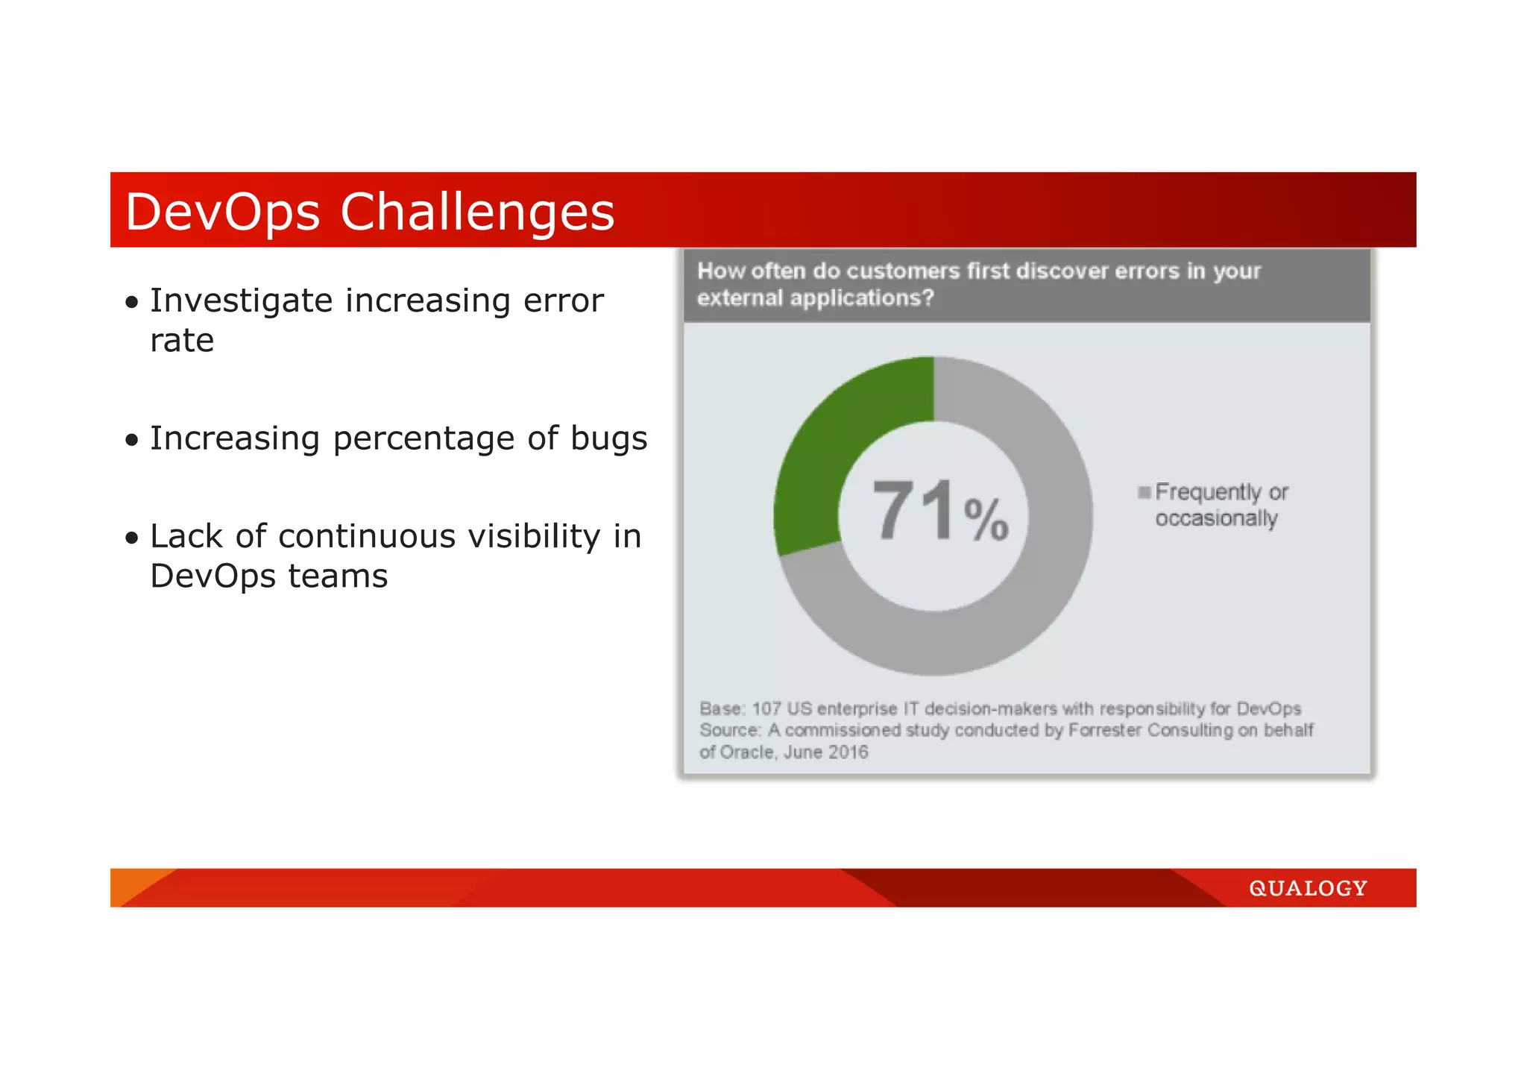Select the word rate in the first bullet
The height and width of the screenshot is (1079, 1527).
pos(182,342)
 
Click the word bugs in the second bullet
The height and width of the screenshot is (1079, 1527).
pos(608,438)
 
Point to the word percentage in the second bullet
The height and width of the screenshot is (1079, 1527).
pos(424,438)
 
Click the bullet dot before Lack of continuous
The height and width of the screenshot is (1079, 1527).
pos(132,538)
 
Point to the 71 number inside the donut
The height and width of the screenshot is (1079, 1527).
pos(913,511)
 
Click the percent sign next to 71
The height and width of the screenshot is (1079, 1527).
pos(986,519)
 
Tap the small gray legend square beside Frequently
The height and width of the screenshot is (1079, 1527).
pos(1144,492)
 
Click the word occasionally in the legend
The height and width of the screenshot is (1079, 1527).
pos(1216,518)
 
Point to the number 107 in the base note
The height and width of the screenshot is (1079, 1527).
pos(766,708)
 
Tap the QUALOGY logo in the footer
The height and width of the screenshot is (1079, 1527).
pos(1308,888)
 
